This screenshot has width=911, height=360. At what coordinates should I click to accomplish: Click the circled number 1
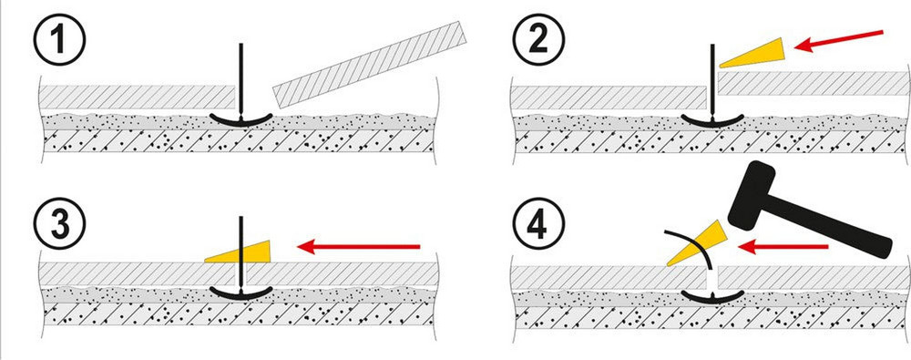coord(60,40)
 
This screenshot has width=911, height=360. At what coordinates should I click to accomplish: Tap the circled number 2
coord(537,40)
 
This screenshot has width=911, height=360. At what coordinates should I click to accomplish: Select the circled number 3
coord(60,224)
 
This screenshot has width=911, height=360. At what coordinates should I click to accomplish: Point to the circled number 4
coord(537,224)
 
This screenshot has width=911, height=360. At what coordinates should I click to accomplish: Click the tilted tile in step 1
coord(370,65)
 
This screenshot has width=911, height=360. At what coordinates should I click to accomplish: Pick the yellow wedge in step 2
coord(752,53)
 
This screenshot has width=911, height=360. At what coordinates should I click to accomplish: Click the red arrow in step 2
coord(838,41)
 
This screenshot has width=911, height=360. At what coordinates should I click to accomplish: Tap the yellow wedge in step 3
coord(238,252)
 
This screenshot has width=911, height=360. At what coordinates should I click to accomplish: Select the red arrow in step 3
coord(358,247)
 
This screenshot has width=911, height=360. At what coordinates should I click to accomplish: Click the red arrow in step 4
coord(783,247)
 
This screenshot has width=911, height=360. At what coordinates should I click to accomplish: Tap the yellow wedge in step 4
coord(695,243)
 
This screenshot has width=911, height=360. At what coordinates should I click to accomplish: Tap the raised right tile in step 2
coord(814,83)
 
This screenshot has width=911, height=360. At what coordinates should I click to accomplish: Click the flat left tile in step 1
coord(138,98)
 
